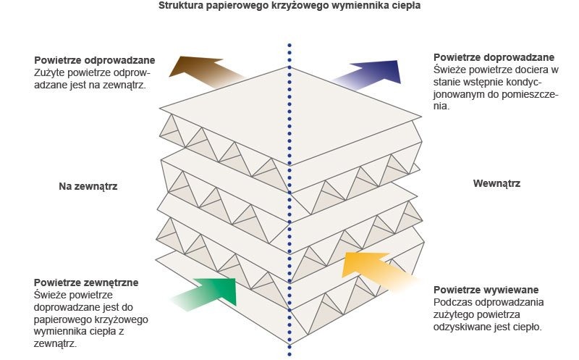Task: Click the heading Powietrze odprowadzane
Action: [x=95, y=60]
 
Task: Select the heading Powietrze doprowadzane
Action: [x=494, y=58]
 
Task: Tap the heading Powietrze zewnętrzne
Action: [x=86, y=282]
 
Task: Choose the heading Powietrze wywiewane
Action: [x=486, y=290]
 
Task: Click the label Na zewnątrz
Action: [x=88, y=186]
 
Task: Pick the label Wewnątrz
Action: [x=496, y=183]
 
